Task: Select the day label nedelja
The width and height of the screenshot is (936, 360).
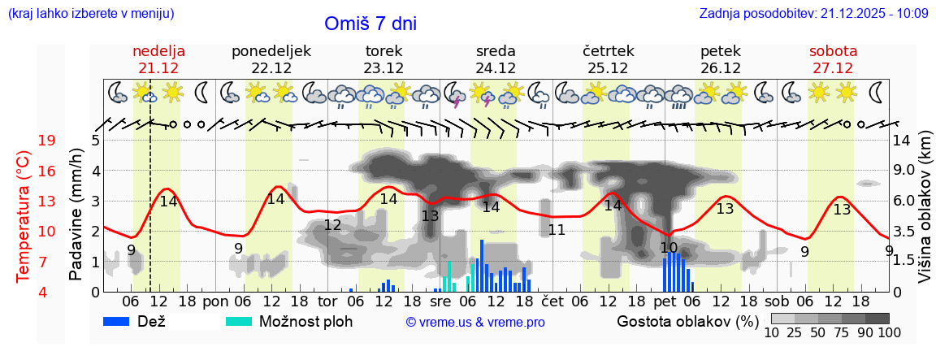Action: point(159,51)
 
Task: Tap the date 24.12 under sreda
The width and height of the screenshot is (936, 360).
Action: point(496,68)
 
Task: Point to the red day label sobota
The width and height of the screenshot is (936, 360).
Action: point(833,51)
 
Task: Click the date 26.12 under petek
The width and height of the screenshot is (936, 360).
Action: point(720,68)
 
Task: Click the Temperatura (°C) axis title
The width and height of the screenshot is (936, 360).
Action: point(24,216)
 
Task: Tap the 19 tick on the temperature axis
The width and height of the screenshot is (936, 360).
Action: point(47,141)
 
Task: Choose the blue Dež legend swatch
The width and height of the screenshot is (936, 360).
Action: point(122,321)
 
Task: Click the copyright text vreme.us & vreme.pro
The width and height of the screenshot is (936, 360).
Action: point(475,323)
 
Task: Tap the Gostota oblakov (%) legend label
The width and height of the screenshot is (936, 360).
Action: point(687,321)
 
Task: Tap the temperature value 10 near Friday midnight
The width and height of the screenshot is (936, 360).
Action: point(669,248)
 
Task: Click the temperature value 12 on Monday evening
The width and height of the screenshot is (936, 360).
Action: point(332,225)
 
